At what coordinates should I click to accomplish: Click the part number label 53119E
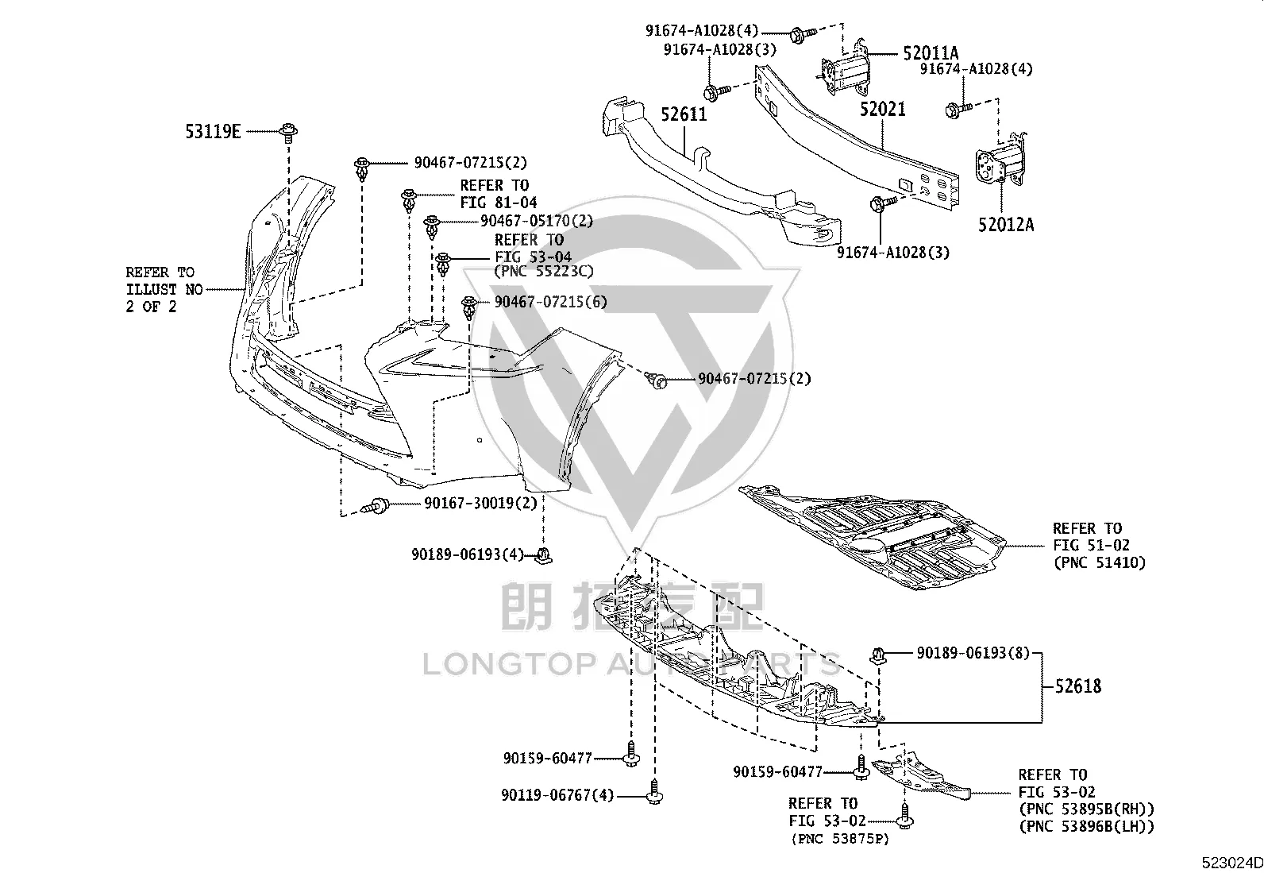(x=213, y=132)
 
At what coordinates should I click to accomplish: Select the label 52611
(x=684, y=114)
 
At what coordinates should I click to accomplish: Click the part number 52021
(x=883, y=109)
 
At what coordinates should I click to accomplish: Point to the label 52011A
(x=931, y=53)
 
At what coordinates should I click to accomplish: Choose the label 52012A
(x=1006, y=225)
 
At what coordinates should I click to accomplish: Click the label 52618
(x=1077, y=686)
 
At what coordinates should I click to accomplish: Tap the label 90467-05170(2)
(x=537, y=221)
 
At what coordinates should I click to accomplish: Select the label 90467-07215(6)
(x=551, y=302)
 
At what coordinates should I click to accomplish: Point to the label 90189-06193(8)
(x=973, y=653)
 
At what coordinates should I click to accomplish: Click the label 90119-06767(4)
(x=557, y=795)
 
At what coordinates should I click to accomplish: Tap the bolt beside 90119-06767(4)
(x=654, y=791)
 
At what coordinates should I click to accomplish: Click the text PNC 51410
(x=1100, y=563)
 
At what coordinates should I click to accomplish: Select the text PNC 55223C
(x=544, y=272)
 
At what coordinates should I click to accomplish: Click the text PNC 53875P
(x=840, y=839)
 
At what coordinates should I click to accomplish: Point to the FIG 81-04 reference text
(x=499, y=203)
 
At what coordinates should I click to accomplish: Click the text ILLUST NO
(x=164, y=290)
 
